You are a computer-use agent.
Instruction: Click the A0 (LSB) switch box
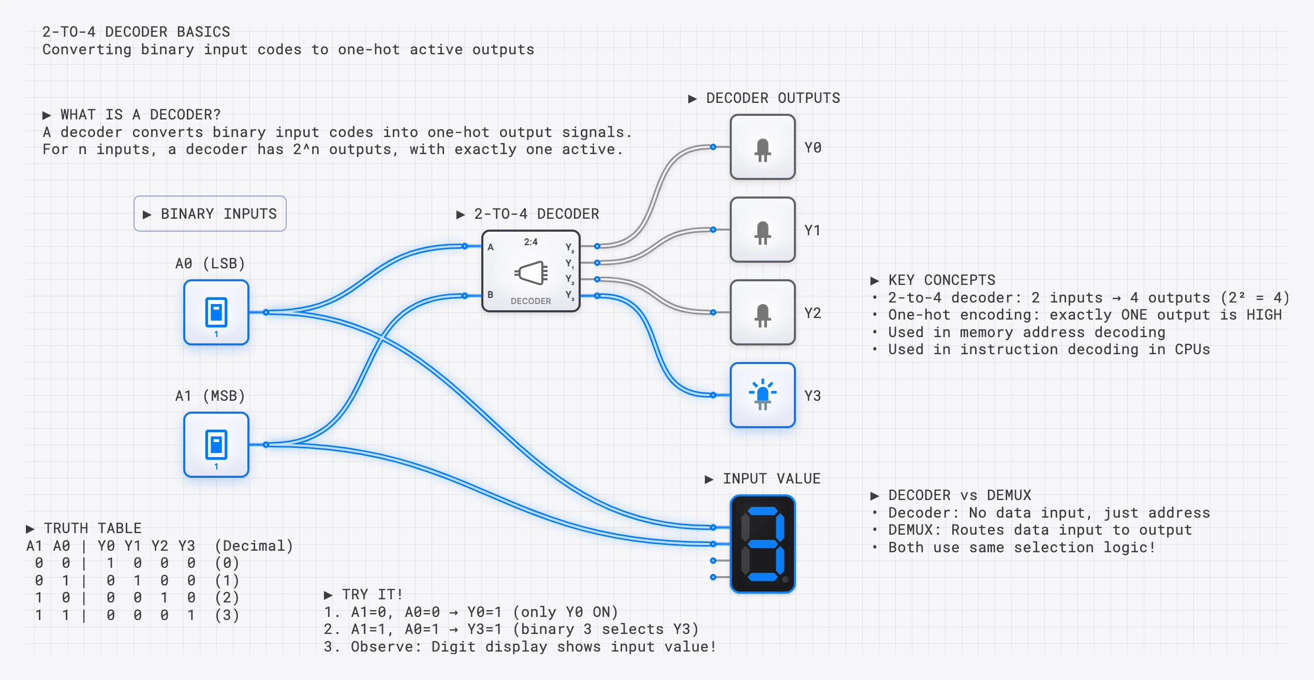pos(216,312)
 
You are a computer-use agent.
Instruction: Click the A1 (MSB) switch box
pos(216,445)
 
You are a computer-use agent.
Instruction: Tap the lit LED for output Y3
pos(762,395)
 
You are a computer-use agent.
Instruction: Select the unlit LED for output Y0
pos(762,147)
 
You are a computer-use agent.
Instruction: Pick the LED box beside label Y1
pos(762,230)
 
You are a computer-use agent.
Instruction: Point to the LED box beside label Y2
pos(762,312)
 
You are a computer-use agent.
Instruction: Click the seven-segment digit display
pos(762,544)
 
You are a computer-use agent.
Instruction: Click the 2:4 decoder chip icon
pos(531,271)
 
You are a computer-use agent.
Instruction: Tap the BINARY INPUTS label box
pos(210,214)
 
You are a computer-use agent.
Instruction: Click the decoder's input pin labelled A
pos(465,246)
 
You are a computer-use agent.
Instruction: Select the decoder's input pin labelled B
pos(465,296)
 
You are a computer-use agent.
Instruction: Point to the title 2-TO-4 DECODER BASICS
pos(136,32)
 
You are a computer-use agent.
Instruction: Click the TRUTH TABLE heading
pos(84,528)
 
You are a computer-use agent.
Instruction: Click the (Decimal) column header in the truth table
pos(254,546)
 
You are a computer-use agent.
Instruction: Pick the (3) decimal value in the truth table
pos(227,615)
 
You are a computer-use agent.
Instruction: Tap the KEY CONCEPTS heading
pos(933,280)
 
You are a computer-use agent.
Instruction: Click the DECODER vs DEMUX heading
pos(951,495)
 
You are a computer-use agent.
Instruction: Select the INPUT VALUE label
pos(762,479)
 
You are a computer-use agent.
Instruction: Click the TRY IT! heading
pos(363,595)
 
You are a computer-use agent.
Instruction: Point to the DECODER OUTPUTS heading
pos(764,98)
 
